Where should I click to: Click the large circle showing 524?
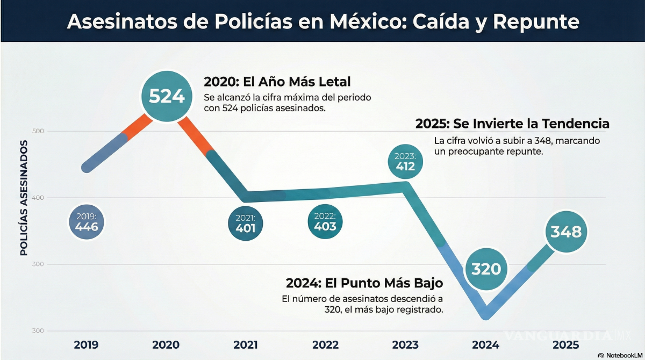point(167,96)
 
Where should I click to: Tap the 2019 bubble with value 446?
point(87,222)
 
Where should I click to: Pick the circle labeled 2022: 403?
point(325,221)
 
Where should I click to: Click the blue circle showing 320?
point(486,268)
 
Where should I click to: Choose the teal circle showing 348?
point(566,232)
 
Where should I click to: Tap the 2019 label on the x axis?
point(87,345)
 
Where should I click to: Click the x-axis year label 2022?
point(325,345)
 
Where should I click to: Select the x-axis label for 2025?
point(565,345)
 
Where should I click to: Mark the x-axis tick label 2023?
point(405,345)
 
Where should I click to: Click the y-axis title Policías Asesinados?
point(24,197)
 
